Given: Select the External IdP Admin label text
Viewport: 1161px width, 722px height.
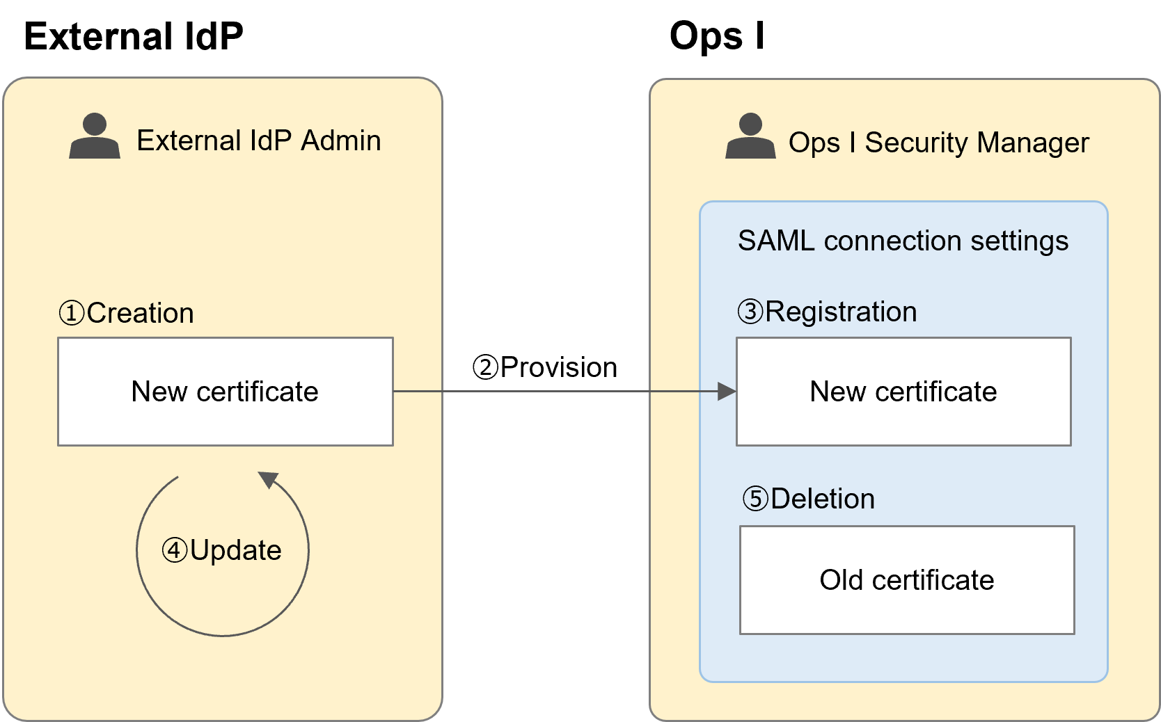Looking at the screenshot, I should (258, 141).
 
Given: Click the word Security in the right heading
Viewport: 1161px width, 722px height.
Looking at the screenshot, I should (916, 143).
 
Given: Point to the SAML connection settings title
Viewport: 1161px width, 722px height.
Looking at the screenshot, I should (903, 241).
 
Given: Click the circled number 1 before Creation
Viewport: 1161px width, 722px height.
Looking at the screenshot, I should (72, 313).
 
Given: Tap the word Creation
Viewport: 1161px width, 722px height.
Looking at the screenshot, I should (140, 313).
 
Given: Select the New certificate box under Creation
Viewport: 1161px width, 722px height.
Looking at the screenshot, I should (225, 392).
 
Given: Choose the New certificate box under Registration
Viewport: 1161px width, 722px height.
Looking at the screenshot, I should (903, 392).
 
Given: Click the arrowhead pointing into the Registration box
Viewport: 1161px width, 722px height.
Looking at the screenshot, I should (727, 392).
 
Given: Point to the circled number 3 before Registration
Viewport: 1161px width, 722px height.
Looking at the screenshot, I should (750, 312).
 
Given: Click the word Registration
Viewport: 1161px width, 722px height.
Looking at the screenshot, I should (841, 312).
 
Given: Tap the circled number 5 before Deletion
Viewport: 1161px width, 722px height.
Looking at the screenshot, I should (755, 499).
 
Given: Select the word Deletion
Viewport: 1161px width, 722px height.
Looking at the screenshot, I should (823, 499).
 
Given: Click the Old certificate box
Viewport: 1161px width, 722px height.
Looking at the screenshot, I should (906, 580).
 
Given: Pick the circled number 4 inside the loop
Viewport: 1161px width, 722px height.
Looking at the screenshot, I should (175, 550).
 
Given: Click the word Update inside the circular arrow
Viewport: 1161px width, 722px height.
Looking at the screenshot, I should (235, 550).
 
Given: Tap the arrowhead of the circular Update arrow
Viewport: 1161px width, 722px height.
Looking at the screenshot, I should (268, 479).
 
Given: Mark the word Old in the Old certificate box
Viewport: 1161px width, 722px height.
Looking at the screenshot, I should (841, 580).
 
